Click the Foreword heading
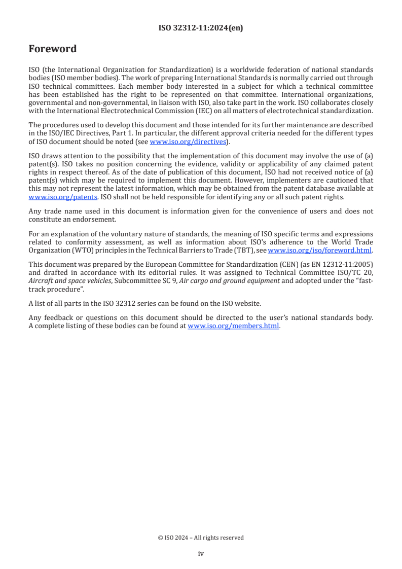pyautogui.click(x=53, y=49)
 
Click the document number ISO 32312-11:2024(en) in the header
pyautogui.click(x=201, y=28)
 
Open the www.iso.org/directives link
pyautogui.click(x=188, y=141)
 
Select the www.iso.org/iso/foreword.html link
pyautogui.click(x=319, y=250)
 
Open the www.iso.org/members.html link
pyautogui.click(x=233, y=326)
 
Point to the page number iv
pyautogui.click(x=201, y=554)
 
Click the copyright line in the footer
pyautogui.click(x=201, y=538)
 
